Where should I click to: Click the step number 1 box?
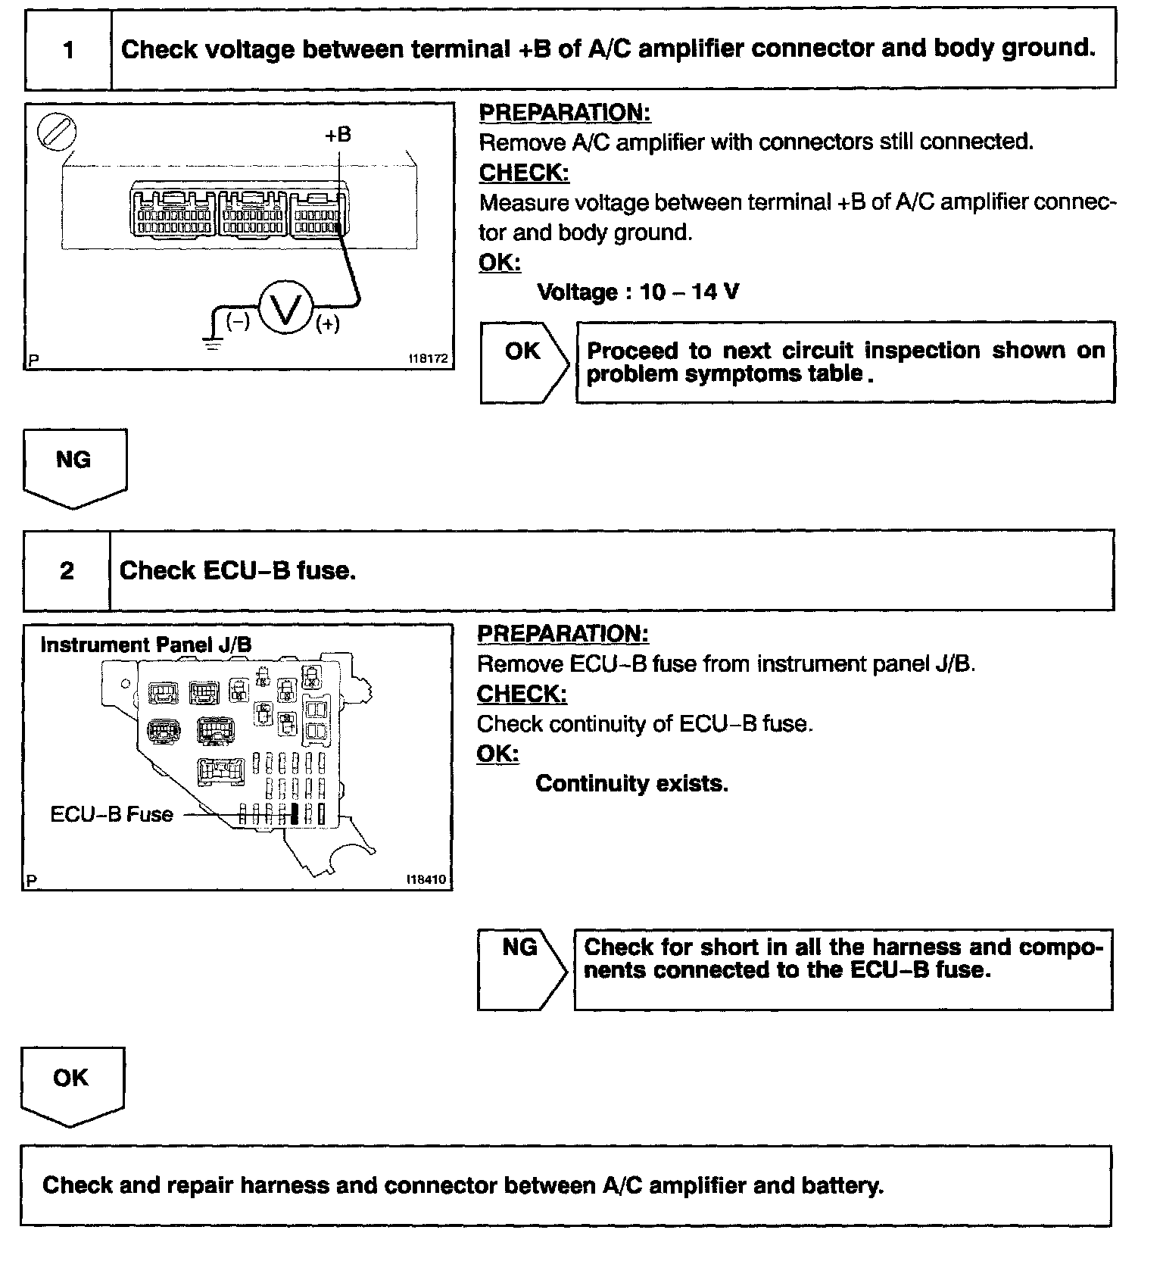(x=68, y=50)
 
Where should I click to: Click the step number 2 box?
(x=67, y=570)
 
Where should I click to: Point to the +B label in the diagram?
(x=338, y=135)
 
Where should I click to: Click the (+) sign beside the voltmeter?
(x=328, y=324)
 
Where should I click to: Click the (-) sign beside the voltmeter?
(x=238, y=322)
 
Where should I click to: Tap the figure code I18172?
(x=428, y=359)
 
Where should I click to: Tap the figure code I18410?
(x=426, y=879)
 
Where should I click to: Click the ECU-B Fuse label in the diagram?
(x=111, y=814)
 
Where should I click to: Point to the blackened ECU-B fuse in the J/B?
(x=295, y=814)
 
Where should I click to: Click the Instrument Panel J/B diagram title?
(x=145, y=645)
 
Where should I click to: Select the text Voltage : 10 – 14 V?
(x=638, y=292)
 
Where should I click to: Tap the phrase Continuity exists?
(x=631, y=783)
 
